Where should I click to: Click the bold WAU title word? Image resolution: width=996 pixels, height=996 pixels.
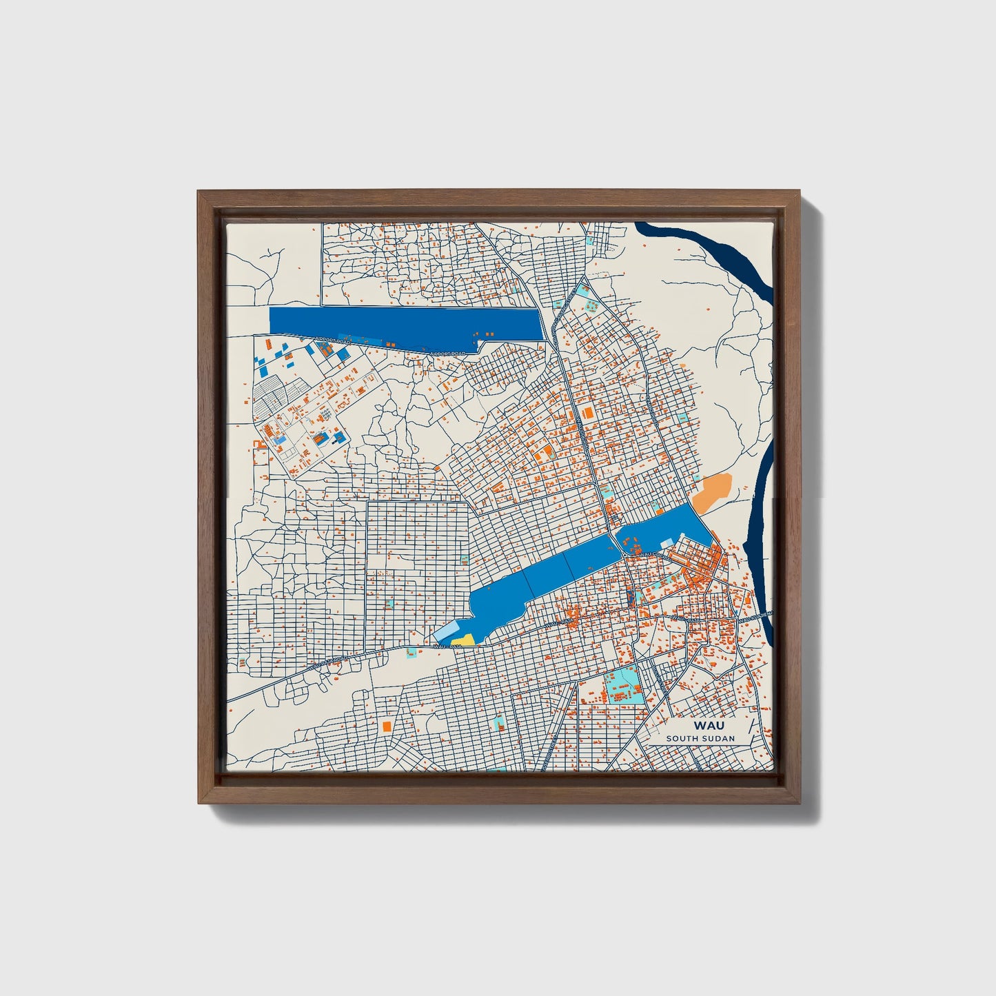pyautogui.click(x=709, y=726)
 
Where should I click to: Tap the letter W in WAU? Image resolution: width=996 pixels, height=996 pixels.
pyautogui.click(x=700, y=726)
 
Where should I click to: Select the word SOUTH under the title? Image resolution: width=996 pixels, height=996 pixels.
pyautogui.click(x=682, y=739)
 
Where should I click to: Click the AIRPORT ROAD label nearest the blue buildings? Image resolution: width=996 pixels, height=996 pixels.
pyautogui.click(x=333, y=341)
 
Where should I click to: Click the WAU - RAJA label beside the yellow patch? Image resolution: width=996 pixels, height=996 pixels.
pyautogui.click(x=447, y=646)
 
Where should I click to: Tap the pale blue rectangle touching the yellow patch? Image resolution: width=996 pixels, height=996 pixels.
pyautogui.click(x=447, y=633)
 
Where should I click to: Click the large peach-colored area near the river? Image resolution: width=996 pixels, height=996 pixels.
pyautogui.click(x=711, y=492)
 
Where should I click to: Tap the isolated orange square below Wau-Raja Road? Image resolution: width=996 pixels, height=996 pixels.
pyautogui.click(x=387, y=726)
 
